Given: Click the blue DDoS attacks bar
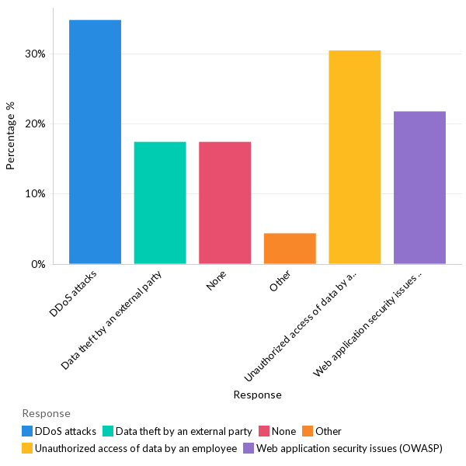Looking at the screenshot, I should coord(95,142).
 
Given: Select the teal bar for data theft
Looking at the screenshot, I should coord(160,203).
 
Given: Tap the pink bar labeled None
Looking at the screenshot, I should coord(224,203).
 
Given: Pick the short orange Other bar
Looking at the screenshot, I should coord(290,249).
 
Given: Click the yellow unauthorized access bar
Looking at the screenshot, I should coord(355,158).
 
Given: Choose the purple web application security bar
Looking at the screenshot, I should coord(419,188).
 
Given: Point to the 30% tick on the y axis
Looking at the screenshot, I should coord(35,54).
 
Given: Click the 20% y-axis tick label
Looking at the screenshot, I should coord(35,124).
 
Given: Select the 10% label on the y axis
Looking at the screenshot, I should coord(35,194).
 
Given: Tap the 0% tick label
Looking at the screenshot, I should coord(38,265).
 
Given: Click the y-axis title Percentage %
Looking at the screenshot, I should coord(11,136).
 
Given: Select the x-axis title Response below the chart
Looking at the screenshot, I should coord(257,395).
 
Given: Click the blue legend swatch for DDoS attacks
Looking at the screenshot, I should coord(27,431).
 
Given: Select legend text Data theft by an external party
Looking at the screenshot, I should coord(184,431).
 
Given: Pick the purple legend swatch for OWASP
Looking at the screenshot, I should coord(249,448).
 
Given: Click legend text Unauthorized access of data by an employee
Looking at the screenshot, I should coord(136,448).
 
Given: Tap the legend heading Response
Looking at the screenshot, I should coord(46,413).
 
